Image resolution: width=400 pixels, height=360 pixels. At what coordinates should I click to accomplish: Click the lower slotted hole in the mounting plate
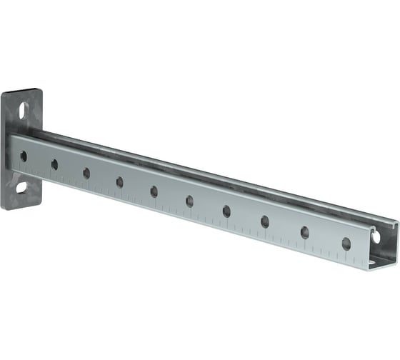(x=21, y=187)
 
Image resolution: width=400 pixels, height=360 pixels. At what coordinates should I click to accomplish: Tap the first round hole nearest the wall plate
(x=23, y=156)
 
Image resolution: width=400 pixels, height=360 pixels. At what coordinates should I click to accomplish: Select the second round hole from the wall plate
(x=54, y=164)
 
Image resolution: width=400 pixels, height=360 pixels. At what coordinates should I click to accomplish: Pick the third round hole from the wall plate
(x=86, y=173)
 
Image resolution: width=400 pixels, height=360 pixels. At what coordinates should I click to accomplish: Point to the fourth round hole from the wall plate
(x=119, y=182)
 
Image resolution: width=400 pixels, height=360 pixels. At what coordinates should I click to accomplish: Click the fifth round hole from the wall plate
(x=154, y=191)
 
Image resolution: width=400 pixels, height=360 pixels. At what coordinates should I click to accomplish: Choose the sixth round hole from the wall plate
(x=189, y=201)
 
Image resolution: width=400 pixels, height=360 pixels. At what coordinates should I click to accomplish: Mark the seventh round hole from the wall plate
(x=226, y=211)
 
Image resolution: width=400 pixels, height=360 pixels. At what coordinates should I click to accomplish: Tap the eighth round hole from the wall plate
(x=265, y=221)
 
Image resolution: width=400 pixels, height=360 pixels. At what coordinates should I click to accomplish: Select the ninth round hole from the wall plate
(x=305, y=232)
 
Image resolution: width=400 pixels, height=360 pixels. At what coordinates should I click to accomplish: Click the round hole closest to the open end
(x=346, y=244)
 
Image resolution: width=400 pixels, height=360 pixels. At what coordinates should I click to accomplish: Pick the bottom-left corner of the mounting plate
(x=4, y=205)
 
